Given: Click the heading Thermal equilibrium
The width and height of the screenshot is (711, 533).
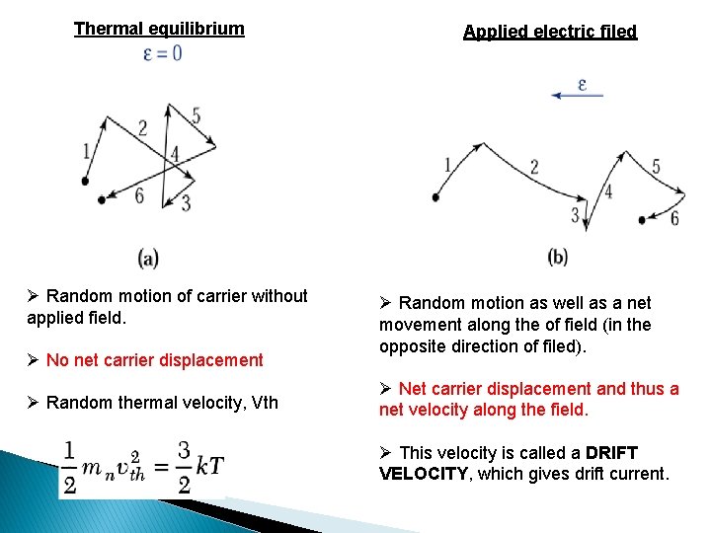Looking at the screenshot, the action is [x=159, y=29].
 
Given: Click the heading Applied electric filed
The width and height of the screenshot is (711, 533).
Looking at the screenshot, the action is [x=550, y=32].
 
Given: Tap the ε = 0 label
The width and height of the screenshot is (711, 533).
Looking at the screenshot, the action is [x=163, y=53].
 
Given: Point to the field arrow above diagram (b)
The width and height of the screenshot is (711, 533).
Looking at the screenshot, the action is [x=577, y=94].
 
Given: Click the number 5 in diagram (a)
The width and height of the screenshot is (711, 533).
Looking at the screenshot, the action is [x=196, y=116].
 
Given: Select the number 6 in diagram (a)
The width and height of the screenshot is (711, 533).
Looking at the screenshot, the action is [x=139, y=196].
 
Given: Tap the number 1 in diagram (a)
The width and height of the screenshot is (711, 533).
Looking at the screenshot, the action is [x=88, y=150].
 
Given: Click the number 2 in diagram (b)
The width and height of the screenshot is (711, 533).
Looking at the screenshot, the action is [x=534, y=167].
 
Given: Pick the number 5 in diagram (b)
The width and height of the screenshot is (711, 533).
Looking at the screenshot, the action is [x=656, y=167].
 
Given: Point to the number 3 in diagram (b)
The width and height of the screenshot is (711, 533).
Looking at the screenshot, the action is [x=576, y=214].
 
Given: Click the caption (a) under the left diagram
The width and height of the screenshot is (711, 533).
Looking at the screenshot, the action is [x=148, y=259].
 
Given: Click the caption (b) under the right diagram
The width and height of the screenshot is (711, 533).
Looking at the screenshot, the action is [x=557, y=257].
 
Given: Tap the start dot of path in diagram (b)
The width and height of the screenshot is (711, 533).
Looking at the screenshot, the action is [x=435, y=196].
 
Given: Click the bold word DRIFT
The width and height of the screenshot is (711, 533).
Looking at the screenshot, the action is [x=611, y=453].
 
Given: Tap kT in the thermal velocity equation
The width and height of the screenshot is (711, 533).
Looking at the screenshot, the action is [x=208, y=466].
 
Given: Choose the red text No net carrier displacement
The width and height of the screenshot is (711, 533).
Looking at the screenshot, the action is [x=154, y=360].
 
